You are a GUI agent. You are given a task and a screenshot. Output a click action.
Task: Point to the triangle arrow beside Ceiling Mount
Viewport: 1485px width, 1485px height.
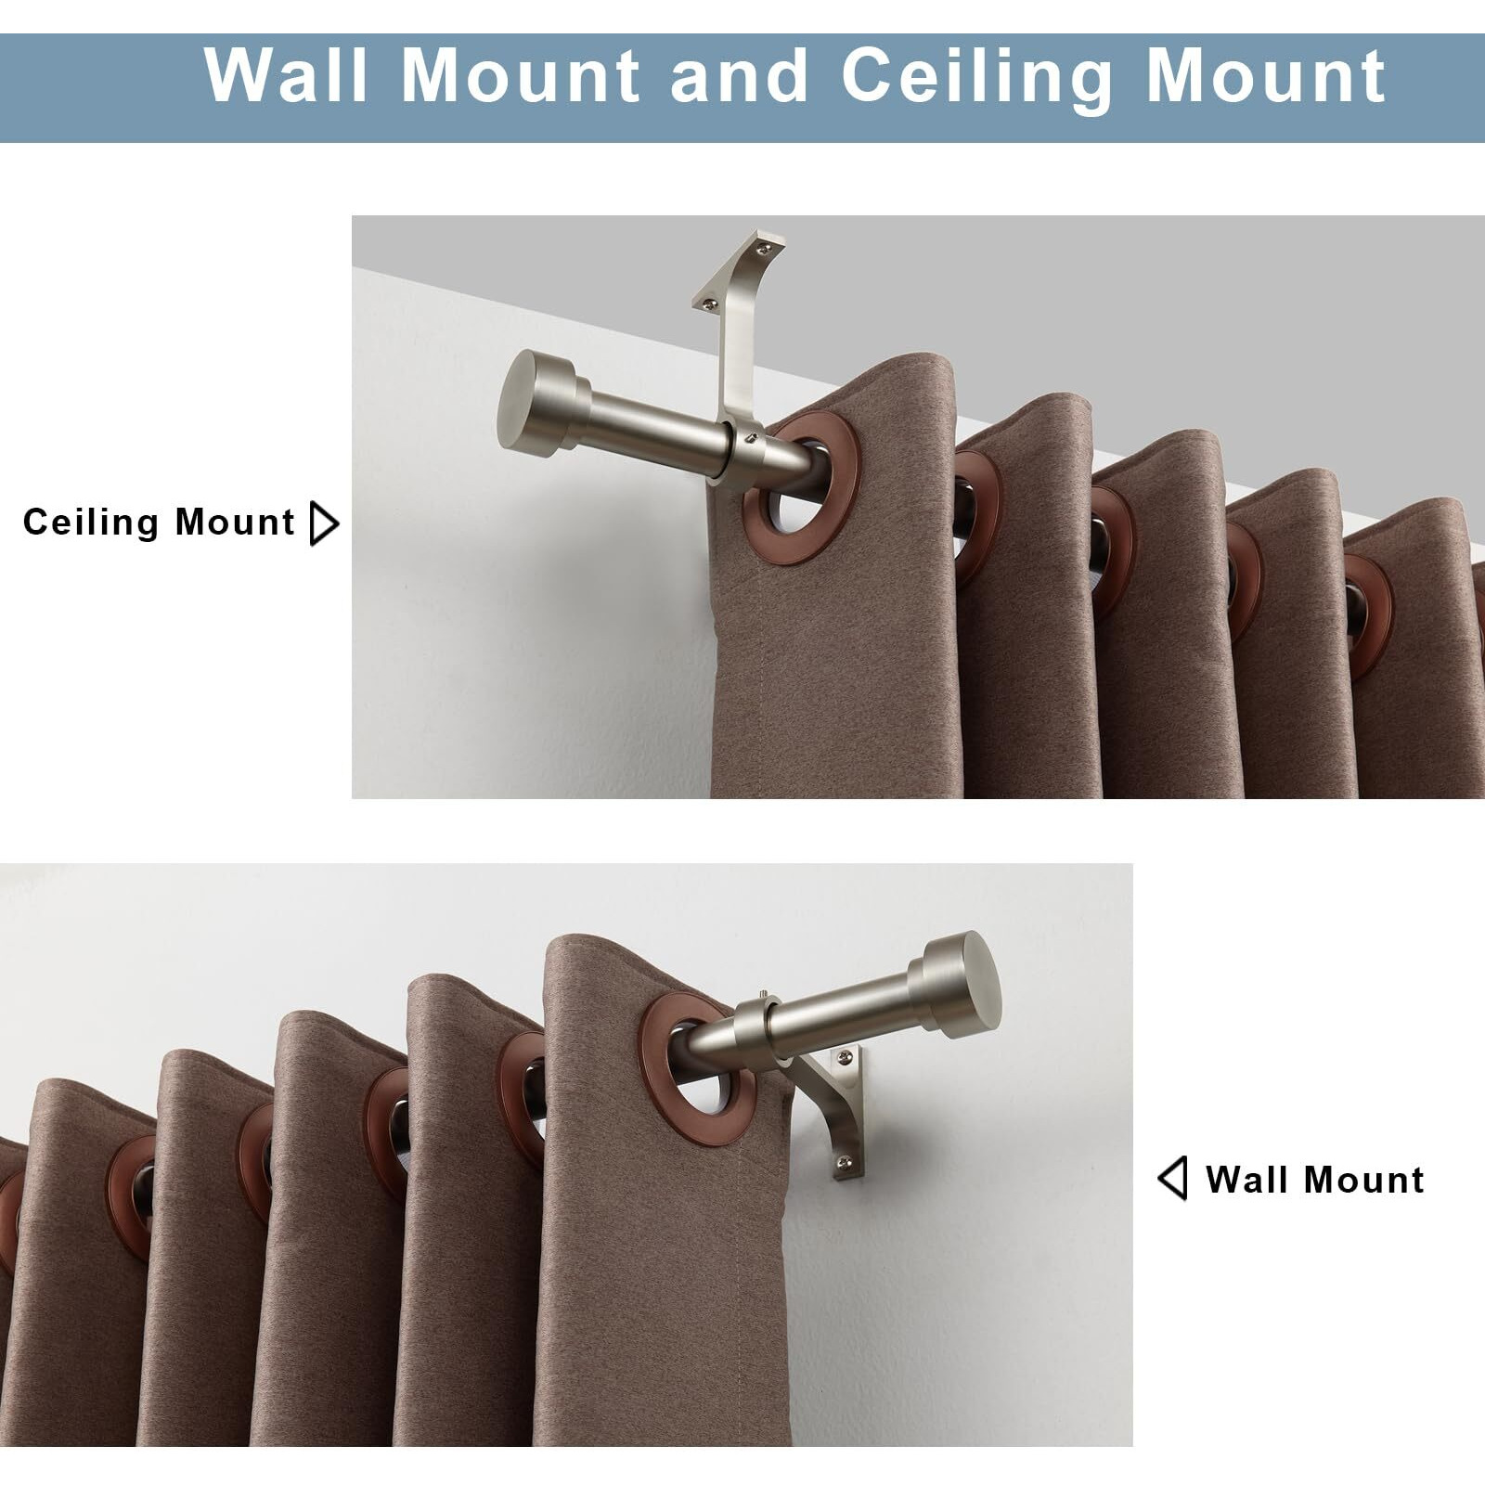point(322,524)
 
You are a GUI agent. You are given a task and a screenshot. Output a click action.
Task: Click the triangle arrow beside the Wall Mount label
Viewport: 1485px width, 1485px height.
point(1172,1179)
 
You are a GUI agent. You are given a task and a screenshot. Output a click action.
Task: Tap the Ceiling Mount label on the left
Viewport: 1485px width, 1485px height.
point(159,523)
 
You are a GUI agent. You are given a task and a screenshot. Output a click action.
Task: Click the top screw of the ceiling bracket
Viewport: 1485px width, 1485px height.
point(763,246)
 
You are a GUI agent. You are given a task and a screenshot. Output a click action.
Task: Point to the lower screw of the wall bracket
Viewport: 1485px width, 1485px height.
point(843,1159)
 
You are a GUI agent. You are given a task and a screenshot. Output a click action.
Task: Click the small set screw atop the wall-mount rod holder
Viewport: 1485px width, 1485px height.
point(762,998)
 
